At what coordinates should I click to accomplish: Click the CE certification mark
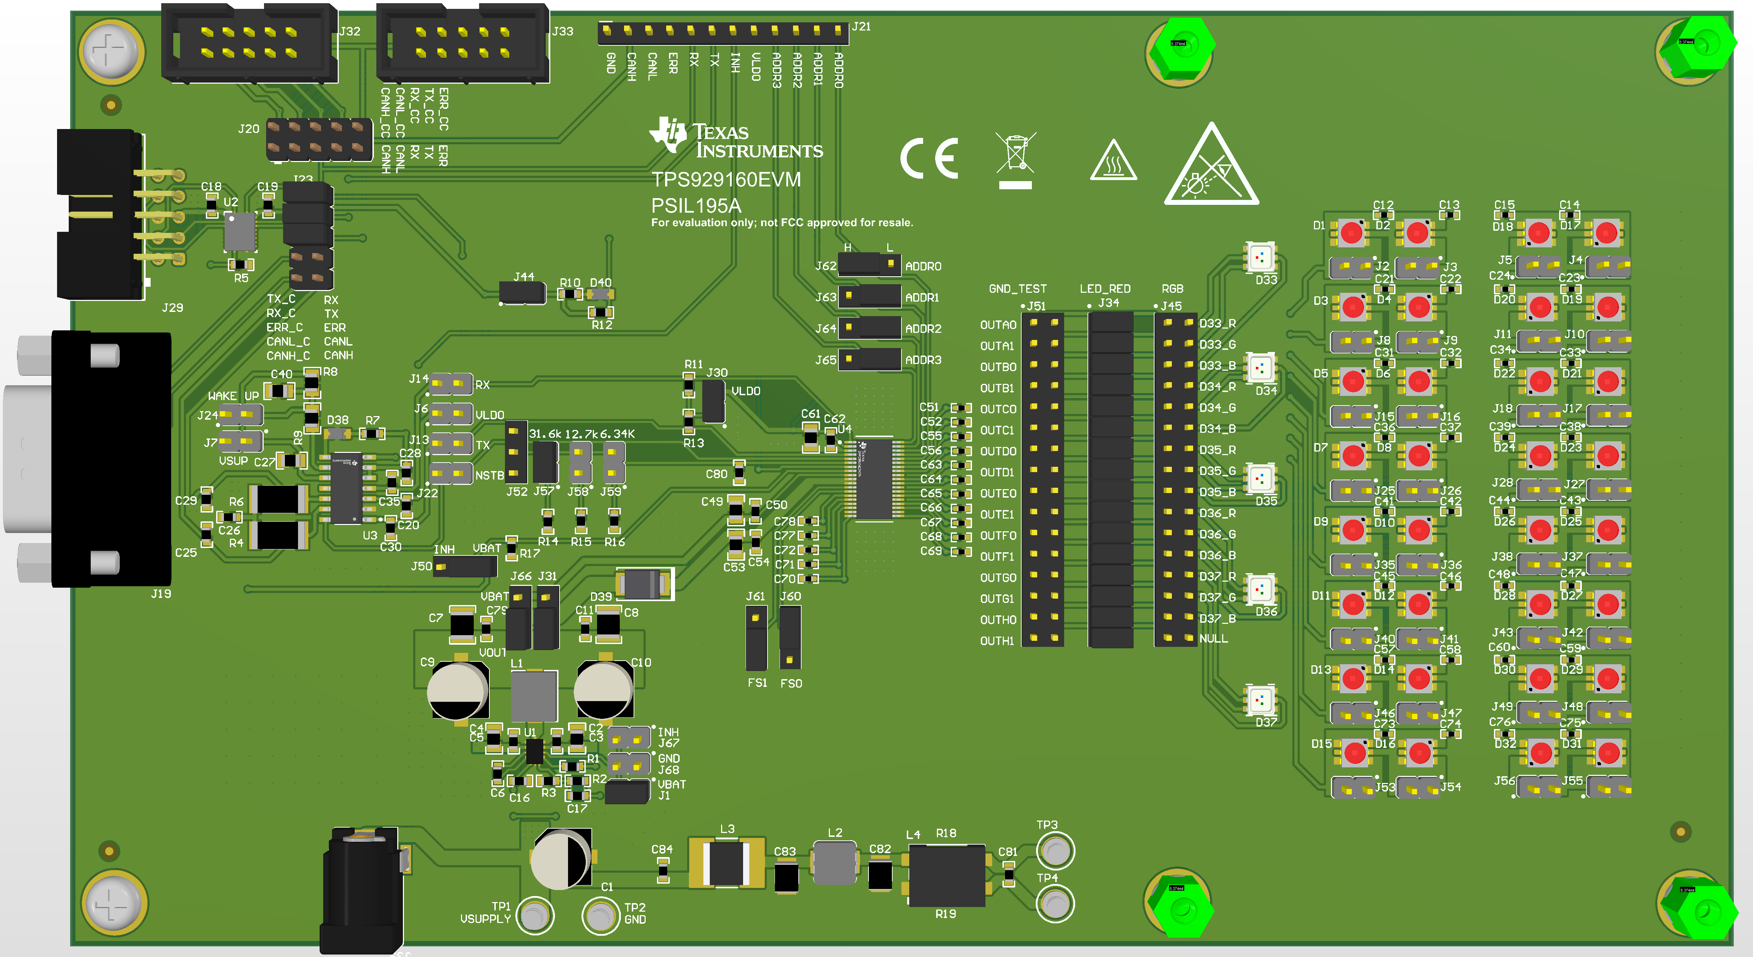tap(929, 158)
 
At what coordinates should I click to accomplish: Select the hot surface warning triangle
tap(1113, 162)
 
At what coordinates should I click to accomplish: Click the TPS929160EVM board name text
tap(726, 180)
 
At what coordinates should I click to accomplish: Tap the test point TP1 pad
tap(535, 916)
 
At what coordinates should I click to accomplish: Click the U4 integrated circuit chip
tap(874, 478)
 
